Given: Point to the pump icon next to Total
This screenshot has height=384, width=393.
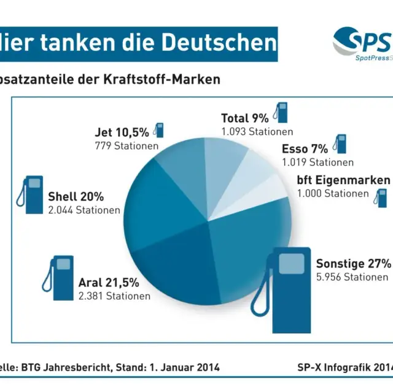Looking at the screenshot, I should [281, 114].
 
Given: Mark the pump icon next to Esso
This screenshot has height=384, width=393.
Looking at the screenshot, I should [339, 144].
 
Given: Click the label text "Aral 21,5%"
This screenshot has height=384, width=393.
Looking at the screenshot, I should [109, 283].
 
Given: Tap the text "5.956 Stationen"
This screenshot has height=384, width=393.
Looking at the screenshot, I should [352, 277].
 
